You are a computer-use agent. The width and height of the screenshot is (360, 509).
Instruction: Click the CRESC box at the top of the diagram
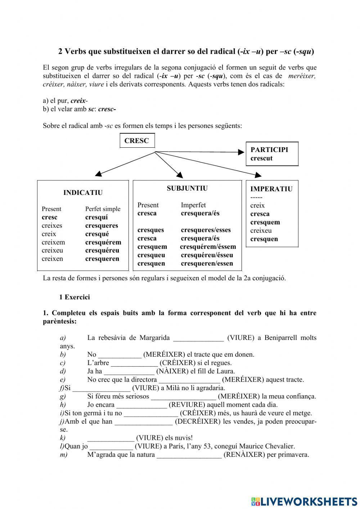coord(137,141)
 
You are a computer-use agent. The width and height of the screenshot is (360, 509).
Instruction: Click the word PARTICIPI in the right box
coord(269,150)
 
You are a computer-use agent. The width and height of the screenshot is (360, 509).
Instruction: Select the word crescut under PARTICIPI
coord(261,158)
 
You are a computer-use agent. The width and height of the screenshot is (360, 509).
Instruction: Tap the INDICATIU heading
coord(83,193)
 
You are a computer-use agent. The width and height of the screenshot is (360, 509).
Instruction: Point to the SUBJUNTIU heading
coord(187,188)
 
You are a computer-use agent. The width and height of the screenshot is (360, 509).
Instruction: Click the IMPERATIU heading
coord(271,189)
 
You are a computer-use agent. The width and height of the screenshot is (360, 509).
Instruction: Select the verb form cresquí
coord(96,217)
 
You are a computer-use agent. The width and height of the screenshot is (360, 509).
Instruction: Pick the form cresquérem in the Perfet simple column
coord(103,242)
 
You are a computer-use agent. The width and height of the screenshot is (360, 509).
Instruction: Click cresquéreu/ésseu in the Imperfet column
coord(207,255)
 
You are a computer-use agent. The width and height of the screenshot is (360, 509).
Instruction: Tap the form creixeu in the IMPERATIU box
coord(261,231)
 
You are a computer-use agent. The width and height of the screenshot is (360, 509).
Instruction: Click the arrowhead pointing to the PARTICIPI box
coord(241,152)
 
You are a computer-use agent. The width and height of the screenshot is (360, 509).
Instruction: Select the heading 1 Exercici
coord(75,297)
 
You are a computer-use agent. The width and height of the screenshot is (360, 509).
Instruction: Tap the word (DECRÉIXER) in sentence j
coord(197,421)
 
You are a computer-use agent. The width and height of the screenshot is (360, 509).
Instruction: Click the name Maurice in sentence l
coord(252,446)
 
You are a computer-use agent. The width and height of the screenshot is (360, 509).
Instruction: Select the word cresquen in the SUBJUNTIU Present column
coord(151,263)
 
